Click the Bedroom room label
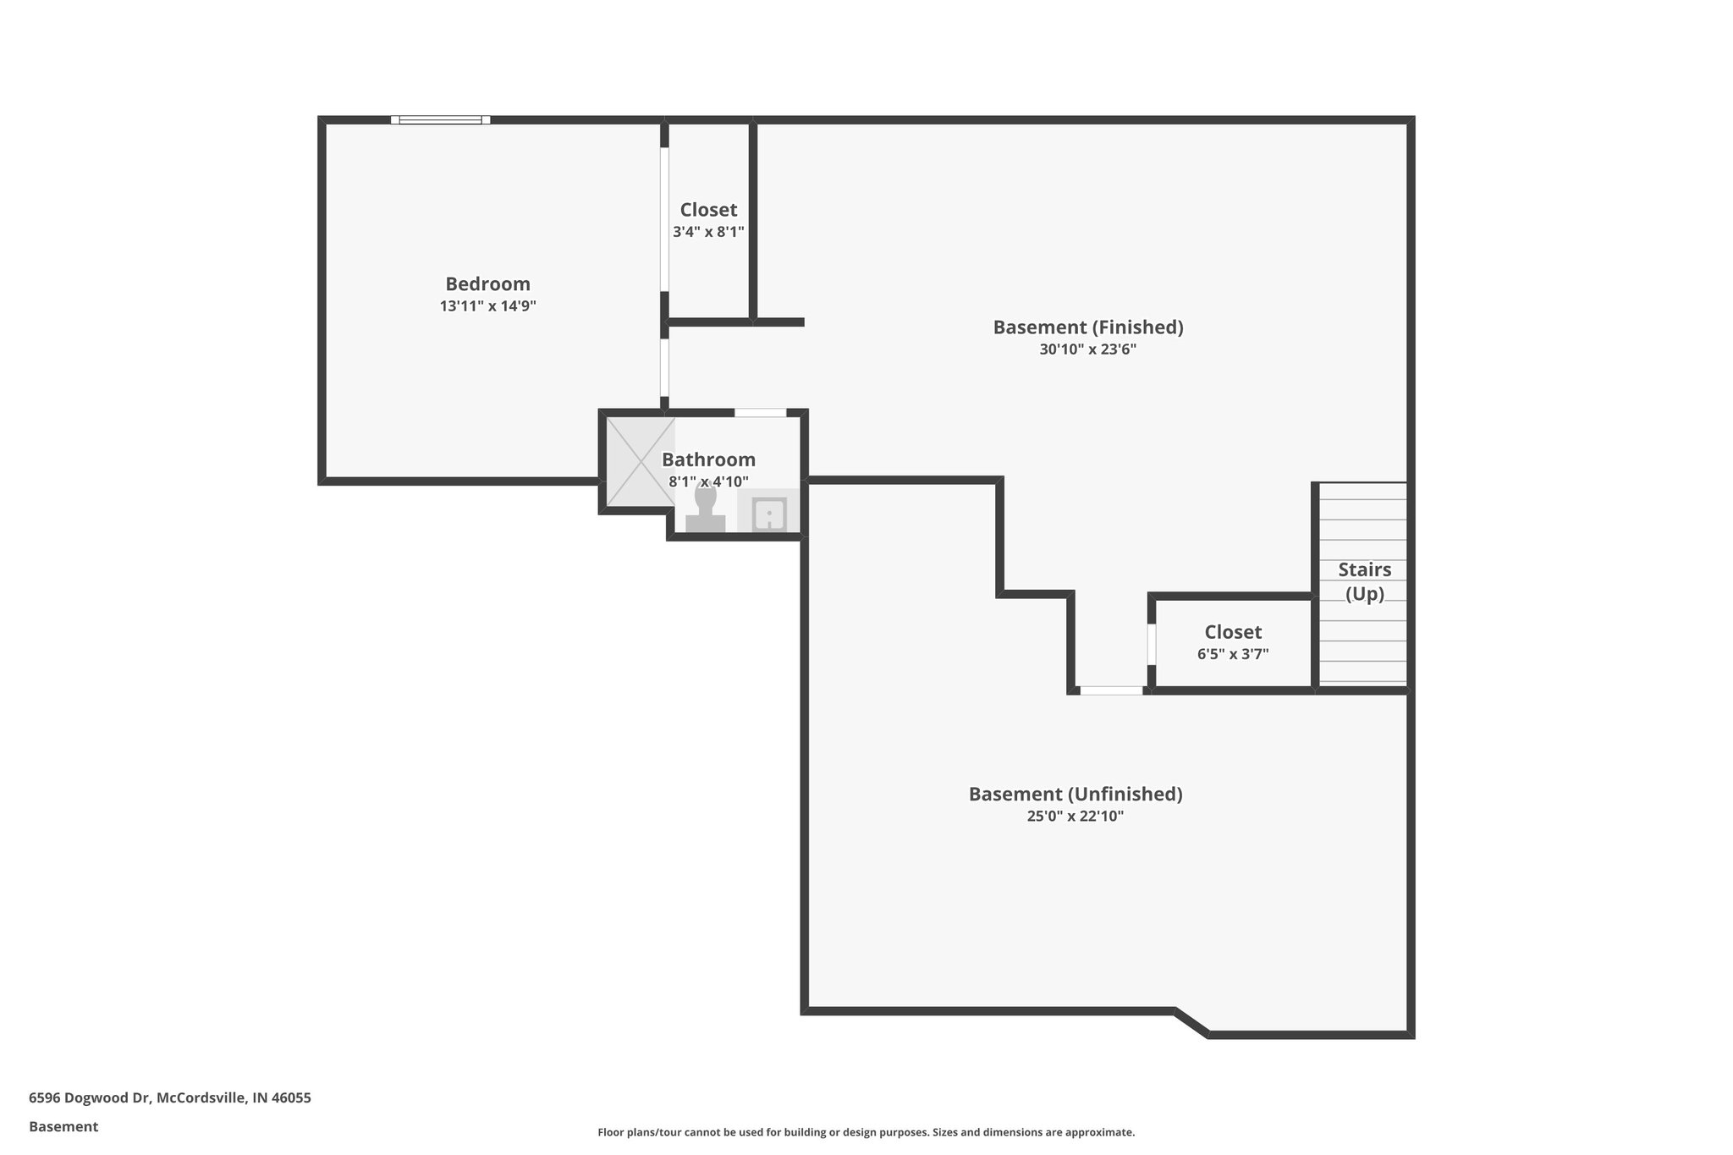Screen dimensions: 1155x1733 (487, 284)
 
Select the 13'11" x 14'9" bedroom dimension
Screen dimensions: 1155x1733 (487, 306)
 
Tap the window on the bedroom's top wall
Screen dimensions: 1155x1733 (440, 120)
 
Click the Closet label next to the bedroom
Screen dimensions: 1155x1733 (708, 210)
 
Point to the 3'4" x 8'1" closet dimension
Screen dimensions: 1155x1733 (708, 232)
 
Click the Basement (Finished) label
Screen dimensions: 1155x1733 (1087, 327)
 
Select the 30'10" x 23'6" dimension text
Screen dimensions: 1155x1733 (1087, 349)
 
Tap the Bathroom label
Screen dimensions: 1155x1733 (708, 459)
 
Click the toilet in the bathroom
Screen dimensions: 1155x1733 (705, 509)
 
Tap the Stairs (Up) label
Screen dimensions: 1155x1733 (1364, 581)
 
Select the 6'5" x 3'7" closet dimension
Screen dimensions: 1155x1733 (1233, 654)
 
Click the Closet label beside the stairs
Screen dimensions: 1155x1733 (1233, 632)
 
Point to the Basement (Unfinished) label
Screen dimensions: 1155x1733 (1075, 794)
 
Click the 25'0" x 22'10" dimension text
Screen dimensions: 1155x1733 (1075, 817)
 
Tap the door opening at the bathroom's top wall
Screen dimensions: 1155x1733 (760, 413)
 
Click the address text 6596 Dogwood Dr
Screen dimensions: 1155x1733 (169, 1097)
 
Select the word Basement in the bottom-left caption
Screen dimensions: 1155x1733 (63, 1126)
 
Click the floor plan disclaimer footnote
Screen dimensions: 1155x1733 (866, 1132)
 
